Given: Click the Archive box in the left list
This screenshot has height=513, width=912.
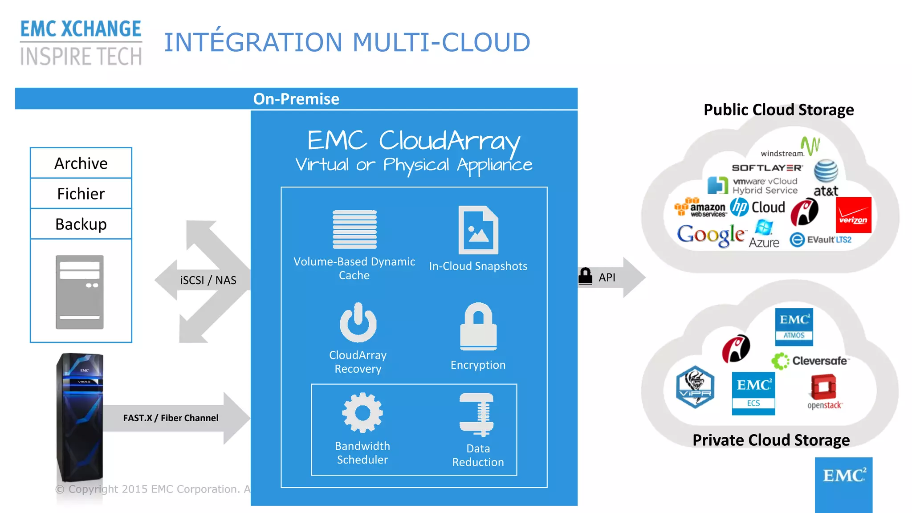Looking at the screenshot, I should pyautogui.click(x=81, y=163).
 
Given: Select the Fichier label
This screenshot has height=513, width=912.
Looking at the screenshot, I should pyautogui.click(x=81, y=194).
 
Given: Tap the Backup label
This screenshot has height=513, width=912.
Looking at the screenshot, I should pyautogui.click(x=81, y=224).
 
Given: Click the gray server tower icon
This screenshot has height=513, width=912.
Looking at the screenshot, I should pyautogui.click(x=80, y=292).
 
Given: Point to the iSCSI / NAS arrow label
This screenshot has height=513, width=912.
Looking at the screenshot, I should pyautogui.click(x=208, y=280).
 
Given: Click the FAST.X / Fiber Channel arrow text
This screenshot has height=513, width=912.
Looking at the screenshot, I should pyautogui.click(x=171, y=418).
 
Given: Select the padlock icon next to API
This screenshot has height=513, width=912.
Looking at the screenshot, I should pyautogui.click(x=585, y=276).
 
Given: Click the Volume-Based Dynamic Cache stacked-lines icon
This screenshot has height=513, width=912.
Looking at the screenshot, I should pyautogui.click(x=354, y=229).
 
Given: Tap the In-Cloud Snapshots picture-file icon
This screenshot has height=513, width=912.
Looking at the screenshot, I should pyautogui.click(x=478, y=230).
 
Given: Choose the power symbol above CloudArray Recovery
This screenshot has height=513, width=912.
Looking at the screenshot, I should pyautogui.click(x=358, y=322).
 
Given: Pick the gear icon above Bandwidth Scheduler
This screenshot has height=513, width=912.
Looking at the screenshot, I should pyautogui.click(x=362, y=413).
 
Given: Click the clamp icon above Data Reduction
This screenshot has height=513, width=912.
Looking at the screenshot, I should pyautogui.click(x=477, y=415).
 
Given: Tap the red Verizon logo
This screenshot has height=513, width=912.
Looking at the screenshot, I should pyautogui.click(x=853, y=215).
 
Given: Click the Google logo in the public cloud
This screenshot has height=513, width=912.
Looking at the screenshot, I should pyautogui.click(x=711, y=234).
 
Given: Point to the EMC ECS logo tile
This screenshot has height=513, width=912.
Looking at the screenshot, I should pyautogui.click(x=753, y=393).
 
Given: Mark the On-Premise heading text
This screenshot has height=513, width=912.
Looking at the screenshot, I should pyautogui.click(x=296, y=99).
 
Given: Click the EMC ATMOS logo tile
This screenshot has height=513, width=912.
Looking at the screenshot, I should pyautogui.click(x=794, y=327).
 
